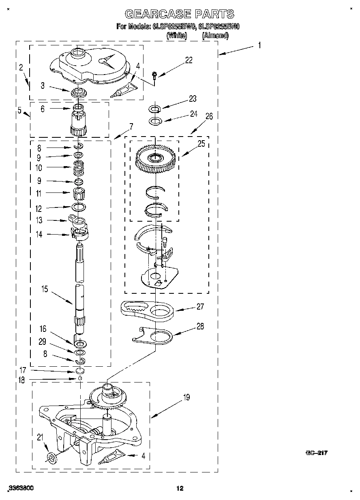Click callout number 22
pos(189,60)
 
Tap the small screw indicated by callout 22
pos(155,75)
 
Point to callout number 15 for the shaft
pos(45,289)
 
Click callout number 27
pos(200,307)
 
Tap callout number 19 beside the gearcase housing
pos(186,397)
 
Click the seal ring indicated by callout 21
pos(51,457)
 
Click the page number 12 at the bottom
pos(180,489)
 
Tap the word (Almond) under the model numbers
pos(215,35)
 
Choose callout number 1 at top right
pos(259,45)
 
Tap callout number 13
pos(39,220)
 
